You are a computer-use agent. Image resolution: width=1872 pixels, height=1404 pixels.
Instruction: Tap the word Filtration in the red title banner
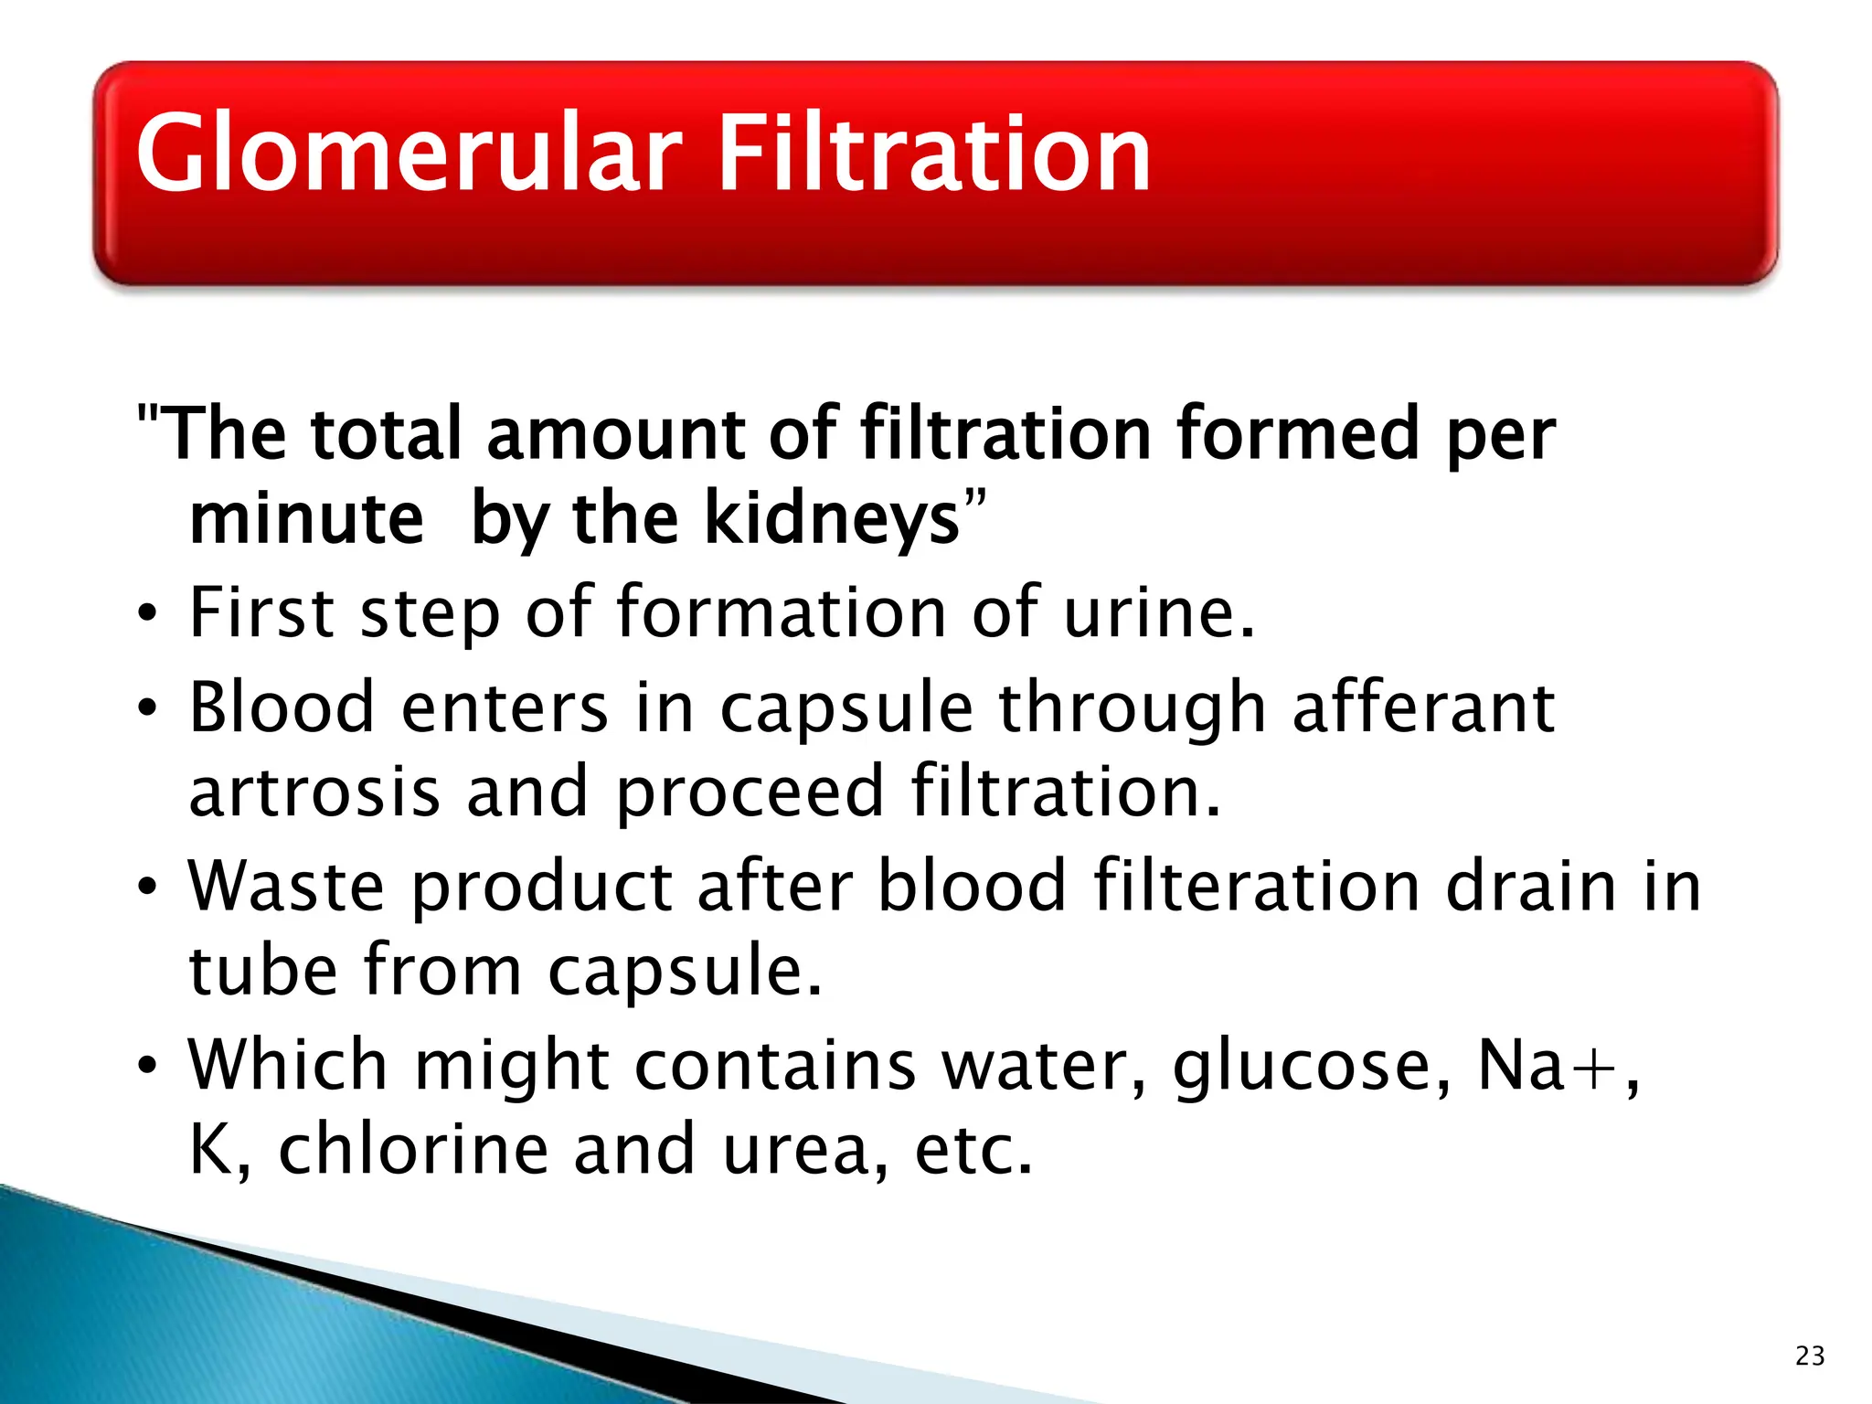[933, 154]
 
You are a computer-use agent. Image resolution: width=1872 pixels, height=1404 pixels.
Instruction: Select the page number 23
[1810, 1356]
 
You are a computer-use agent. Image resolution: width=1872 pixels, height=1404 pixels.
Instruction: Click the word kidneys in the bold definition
[833, 519]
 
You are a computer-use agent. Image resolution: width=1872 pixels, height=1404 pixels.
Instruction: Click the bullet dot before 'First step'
[147, 614]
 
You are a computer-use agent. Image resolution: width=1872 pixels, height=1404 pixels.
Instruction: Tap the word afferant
[1423, 707]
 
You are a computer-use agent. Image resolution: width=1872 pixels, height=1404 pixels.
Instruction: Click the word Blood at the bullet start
[282, 707]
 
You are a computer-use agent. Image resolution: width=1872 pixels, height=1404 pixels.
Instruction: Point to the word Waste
[286, 886]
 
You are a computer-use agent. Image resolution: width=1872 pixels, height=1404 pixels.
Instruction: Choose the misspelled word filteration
[1256, 886]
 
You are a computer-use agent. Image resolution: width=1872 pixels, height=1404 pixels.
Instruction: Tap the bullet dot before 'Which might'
[147, 1067]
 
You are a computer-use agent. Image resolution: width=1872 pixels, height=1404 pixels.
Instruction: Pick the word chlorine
[413, 1149]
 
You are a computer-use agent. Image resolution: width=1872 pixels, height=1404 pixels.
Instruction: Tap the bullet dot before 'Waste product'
[147, 888]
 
